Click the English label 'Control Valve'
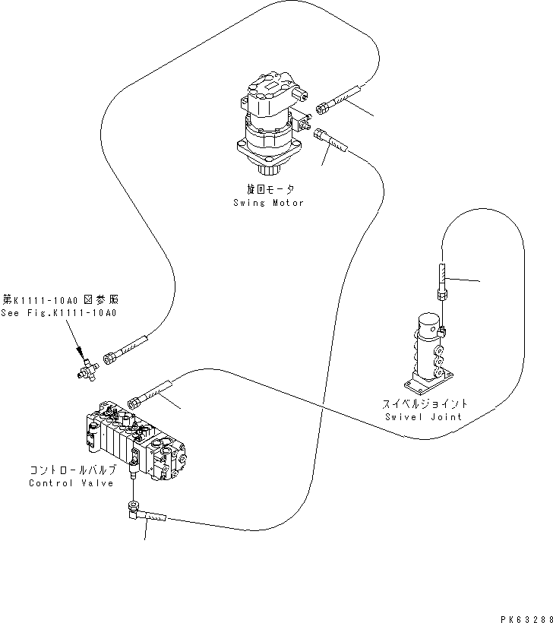pyautogui.click(x=71, y=483)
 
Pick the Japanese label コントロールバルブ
pyautogui.click(x=72, y=470)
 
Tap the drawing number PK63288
pyautogui.click(x=526, y=615)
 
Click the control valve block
pyautogui.click(x=135, y=442)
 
